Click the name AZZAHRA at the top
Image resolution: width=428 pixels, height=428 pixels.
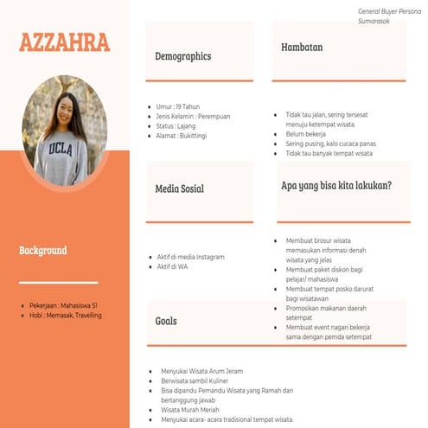click(64, 42)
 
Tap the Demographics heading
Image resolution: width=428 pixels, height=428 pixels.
click(182, 56)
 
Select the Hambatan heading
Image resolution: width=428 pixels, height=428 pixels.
click(302, 48)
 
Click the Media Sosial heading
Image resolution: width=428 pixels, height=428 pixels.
click(180, 188)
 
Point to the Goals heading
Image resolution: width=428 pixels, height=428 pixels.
click(166, 321)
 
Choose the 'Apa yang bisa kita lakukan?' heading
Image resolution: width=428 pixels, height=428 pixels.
click(336, 186)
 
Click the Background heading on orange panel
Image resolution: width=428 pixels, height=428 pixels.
click(42, 251)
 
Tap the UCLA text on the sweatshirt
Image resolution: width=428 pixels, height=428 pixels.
click(61, 149)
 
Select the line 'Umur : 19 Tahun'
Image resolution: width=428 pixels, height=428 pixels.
click(179, 106)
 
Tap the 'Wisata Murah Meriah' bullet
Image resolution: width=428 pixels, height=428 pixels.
click(194, 409)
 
